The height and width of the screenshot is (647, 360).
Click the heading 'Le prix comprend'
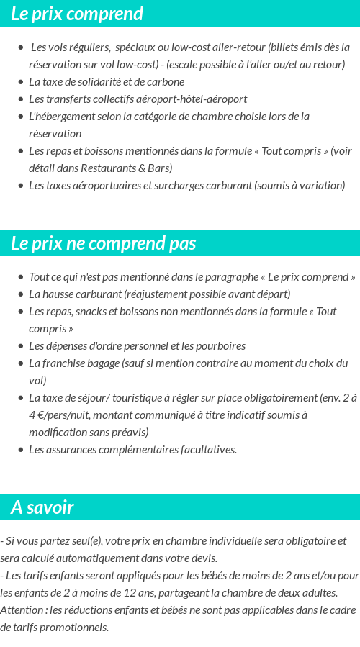pos(77,14)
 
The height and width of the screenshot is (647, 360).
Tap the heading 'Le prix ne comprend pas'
pos(103,243)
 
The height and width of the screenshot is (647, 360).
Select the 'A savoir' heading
pos(42,507)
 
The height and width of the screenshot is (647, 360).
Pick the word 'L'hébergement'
pos(58,117)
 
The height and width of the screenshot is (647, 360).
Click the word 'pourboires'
pos(220,346)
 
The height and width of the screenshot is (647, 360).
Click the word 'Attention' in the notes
pos(22,610)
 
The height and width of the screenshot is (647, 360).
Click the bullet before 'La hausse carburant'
pos(21,294)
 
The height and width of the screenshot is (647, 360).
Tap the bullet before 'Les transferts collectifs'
pos(21,99)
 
